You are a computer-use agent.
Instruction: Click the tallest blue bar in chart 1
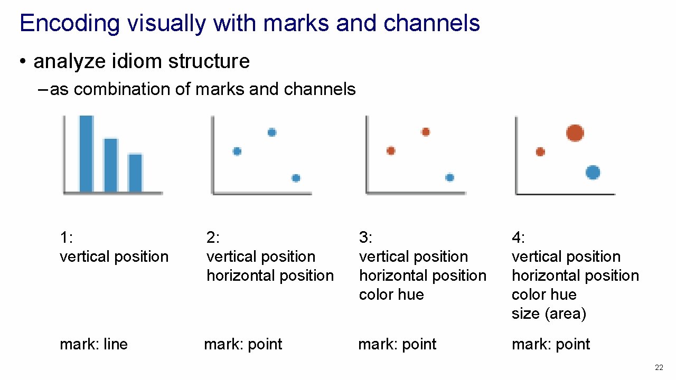click(86, 153)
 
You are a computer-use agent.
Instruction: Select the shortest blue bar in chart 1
click(135, 173)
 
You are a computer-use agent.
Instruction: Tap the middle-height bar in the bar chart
click(110, 165)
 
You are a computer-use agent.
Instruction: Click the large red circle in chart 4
click(575, 133)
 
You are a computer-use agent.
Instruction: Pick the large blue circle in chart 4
click(593, 173)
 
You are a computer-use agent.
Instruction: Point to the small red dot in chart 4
click(540, 152)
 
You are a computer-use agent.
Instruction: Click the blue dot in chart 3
click(449, 177)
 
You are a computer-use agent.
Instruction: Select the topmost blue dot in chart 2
click(271, 132)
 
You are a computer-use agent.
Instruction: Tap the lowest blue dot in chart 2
click(296, 178)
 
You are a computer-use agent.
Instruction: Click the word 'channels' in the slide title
click(431, 23)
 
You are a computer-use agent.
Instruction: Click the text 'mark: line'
click(93, 344)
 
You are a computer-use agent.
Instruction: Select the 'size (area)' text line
click(548, 313)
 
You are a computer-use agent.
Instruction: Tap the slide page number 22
click(659, 367)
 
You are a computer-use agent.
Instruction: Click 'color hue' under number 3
click(391, 294)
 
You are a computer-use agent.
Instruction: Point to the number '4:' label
click(518, 238)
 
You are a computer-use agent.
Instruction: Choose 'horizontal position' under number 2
click(270, 275)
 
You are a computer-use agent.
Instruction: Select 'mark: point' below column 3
click(397, 344)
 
